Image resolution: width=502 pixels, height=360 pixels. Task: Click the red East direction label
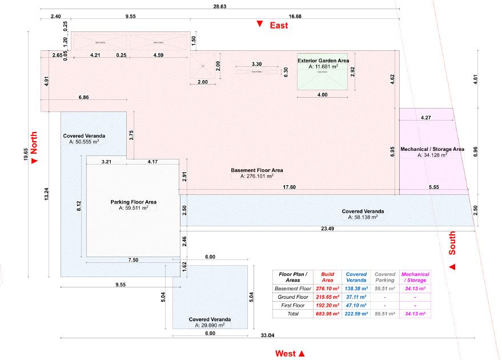(278, 25)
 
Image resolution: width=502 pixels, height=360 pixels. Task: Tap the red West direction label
(286, 354)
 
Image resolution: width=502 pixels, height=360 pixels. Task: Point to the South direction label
(452, 243)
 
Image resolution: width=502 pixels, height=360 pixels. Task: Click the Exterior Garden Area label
(323, 60)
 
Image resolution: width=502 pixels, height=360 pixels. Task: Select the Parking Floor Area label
(133, 202)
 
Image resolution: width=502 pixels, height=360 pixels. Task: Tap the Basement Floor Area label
(256, 170)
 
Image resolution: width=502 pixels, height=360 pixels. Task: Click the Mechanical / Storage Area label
(432, 149)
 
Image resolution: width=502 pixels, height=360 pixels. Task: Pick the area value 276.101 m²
(257, 177)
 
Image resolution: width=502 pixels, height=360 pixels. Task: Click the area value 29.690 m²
(210, 325)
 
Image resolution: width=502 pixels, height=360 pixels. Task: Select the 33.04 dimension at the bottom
(267, 335)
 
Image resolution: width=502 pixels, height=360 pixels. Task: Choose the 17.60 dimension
(290, 187)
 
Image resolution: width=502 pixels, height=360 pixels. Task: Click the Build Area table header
(327, 277)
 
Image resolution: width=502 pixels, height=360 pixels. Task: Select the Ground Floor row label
(292, 297)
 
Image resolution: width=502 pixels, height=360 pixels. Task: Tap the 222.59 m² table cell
(356, 314)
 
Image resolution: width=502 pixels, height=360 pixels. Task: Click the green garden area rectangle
(323, 80)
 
